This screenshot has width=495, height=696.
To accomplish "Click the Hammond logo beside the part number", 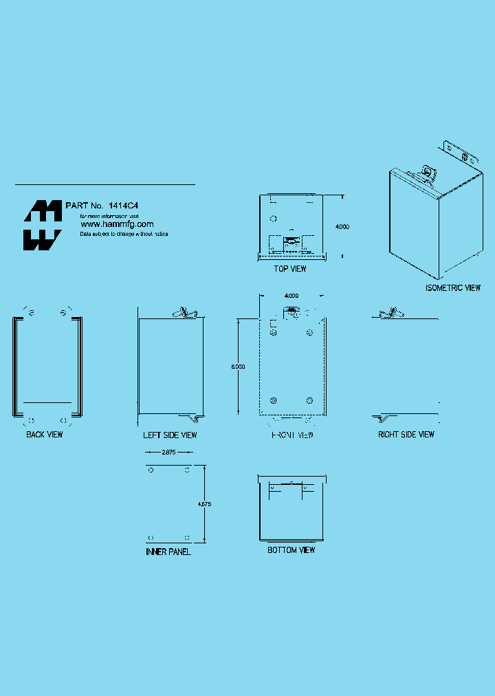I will tap(43, 226).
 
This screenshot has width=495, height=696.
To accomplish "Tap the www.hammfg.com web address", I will tap(117, 224).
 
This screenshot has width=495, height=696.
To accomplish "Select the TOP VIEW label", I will tap(290, 269).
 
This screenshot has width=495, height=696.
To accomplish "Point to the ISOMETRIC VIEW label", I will tap(452, 288).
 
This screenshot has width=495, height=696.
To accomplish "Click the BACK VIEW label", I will tap(45, 435).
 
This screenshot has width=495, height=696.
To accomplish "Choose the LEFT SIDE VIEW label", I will tap(170, 435).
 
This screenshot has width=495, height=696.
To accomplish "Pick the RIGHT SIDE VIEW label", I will tap(406, 435).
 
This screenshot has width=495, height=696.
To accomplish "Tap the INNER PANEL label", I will tap(168, 552).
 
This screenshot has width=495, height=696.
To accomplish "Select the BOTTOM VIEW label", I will tap(291, 550).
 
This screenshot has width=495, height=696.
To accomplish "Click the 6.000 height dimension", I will tap(238, 367).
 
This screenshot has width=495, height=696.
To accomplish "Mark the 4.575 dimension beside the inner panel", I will tap(204, 504).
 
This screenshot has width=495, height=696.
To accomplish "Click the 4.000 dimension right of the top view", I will tap(342, 226).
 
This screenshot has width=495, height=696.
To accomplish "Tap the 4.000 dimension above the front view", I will tap(291, 296).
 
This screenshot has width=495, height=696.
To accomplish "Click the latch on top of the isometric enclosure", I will tap(428, 171).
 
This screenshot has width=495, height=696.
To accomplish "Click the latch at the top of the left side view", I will tap(184, 312).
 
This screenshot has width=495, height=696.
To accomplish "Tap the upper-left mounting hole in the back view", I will tap(30, 313).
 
